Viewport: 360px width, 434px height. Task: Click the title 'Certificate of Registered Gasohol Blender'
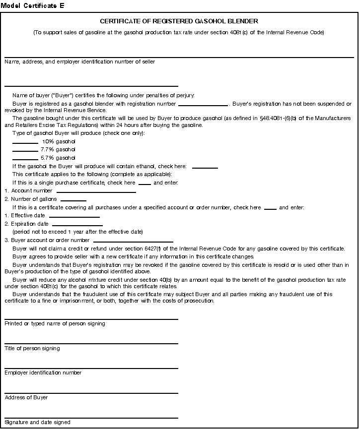coord(179,21)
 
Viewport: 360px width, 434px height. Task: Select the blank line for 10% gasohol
coord(25,142)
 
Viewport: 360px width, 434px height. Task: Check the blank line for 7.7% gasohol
coord(25,150)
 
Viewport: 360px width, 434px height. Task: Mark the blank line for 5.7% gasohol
coord(25,158)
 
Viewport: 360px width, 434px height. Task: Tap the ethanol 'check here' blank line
coord(205,167)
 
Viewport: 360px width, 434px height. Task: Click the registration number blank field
coord(203,105)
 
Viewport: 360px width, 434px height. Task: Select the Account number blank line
coord(96,191)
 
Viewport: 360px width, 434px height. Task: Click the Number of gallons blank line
coord(73,199)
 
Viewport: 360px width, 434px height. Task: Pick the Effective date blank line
coord(74,216)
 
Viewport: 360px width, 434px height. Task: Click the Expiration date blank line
coord(77,225)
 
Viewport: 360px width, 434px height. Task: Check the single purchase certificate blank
coord(144,184)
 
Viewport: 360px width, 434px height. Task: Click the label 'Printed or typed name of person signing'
coord(55,324)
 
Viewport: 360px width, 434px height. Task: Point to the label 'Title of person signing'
coord(32,349)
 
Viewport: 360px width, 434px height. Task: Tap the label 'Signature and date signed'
coord(37,423)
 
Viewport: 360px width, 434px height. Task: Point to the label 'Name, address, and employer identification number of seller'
coord(79,62)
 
